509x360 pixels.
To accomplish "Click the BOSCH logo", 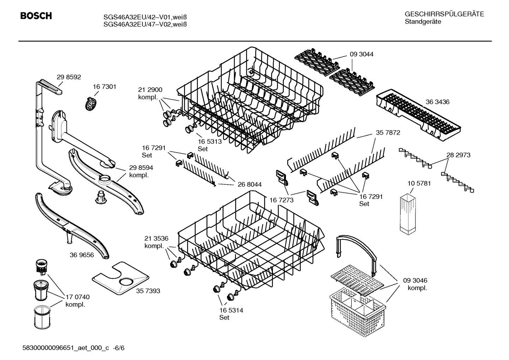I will click(36, 16).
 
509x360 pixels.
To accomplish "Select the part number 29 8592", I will click(69, 77).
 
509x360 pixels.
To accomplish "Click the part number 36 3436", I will click(437, 102).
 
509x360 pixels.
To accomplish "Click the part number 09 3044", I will click(361, 54).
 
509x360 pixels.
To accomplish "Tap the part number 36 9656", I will click(82, 255).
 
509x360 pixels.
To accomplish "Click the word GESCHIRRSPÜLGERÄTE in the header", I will click(444, 14).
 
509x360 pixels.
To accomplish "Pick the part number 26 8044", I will click(250, 184).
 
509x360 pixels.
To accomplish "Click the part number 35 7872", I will click(388, 133).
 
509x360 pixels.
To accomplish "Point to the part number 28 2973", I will click(458, 155).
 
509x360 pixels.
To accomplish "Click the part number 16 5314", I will click(231, 310).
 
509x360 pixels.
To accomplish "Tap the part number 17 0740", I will click(78, 297).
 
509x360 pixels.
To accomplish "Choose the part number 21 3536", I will click(156, 238).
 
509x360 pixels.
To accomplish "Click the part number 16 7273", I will click(281, 200).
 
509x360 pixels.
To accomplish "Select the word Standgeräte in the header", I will click(423, 22).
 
